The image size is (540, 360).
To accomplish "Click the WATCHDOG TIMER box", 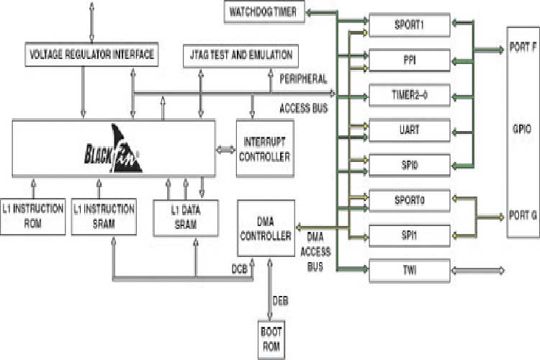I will point(263,12).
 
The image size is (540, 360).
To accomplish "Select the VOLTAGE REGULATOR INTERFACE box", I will point(91,54).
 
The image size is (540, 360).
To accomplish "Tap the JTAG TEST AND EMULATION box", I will point(241,54).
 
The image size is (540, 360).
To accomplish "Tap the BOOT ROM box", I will point(271,341).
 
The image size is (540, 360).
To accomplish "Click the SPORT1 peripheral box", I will point(410,23).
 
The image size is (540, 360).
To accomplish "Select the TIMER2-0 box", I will point(410,94).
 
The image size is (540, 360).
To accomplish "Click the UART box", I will point(410,130).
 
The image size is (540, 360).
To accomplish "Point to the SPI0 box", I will point(410,165).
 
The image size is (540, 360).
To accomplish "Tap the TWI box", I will point(410,270).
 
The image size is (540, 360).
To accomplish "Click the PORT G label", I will point(522,215).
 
